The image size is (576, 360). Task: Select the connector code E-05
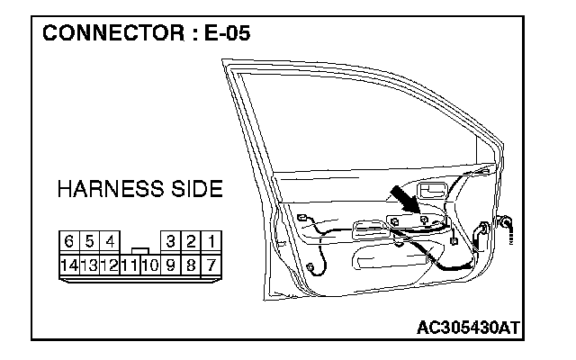pyautogui.click(x=223, y=35)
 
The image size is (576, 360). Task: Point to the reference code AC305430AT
pyautogui.click(x=469, y=327)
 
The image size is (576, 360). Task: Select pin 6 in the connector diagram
pyautogui.click(x=69, y=242)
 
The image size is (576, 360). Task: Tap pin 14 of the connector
pyautogui.click(x=69, y=265)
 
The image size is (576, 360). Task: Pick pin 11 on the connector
pyautogui.click(x=129, y=265)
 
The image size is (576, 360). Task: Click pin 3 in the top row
pyautogui.click(x=170, y=242)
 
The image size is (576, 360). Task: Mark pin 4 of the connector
pyautogui.click(x=109, y=242)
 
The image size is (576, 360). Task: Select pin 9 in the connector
pyautogui.click(x=170, y=265)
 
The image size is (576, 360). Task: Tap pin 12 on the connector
pyautogui.click(x=109, y=265)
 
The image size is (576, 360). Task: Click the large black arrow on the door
pyautogui.click(x=409, y=199)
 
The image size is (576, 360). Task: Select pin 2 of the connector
pyautogui.click(x=191, y=242)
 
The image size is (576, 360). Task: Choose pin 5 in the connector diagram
pyautogui.click(x=89, y=242)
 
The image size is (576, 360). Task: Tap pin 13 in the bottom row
pyautogui.click(x=89, y=265)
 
